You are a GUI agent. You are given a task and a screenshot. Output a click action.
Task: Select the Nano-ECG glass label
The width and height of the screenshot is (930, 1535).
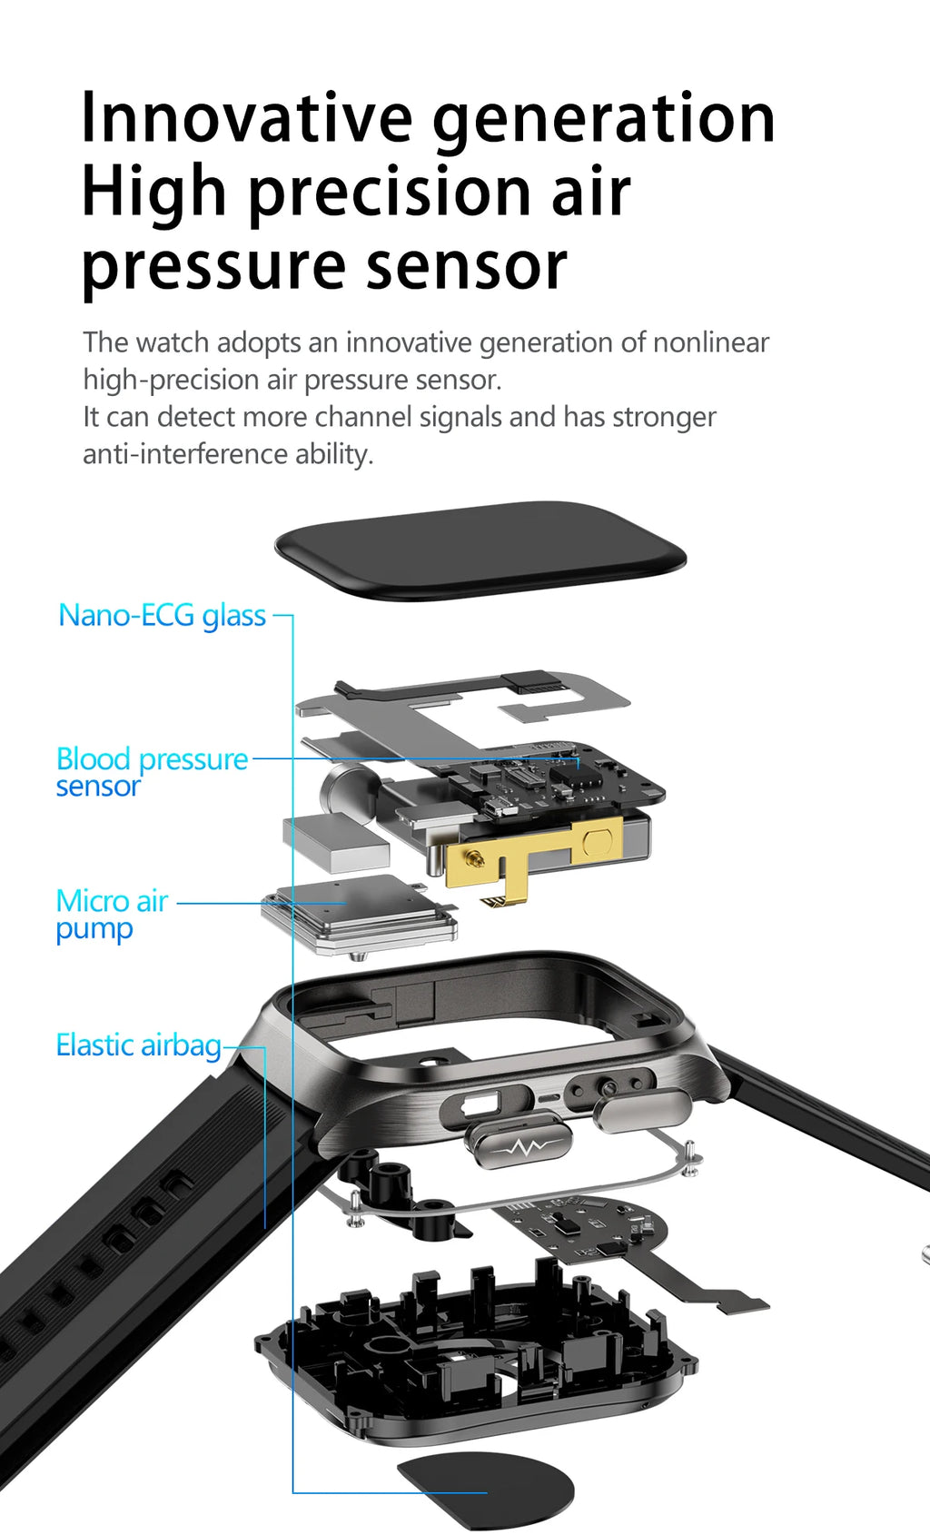point(162,616)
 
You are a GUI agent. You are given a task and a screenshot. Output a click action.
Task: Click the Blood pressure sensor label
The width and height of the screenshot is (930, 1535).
point(151,771)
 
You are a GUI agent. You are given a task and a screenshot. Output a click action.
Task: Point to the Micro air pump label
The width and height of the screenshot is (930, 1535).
point(111,915)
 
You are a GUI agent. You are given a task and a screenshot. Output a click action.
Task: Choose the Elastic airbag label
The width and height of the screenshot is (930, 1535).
point(138,1045)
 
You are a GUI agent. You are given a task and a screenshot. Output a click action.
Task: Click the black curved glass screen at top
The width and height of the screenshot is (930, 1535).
point(479,550)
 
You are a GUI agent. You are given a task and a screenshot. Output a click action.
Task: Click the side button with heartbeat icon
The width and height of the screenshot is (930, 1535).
point(518,1145)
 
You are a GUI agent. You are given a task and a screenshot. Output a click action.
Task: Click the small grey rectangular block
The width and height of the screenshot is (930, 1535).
point(335,842)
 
